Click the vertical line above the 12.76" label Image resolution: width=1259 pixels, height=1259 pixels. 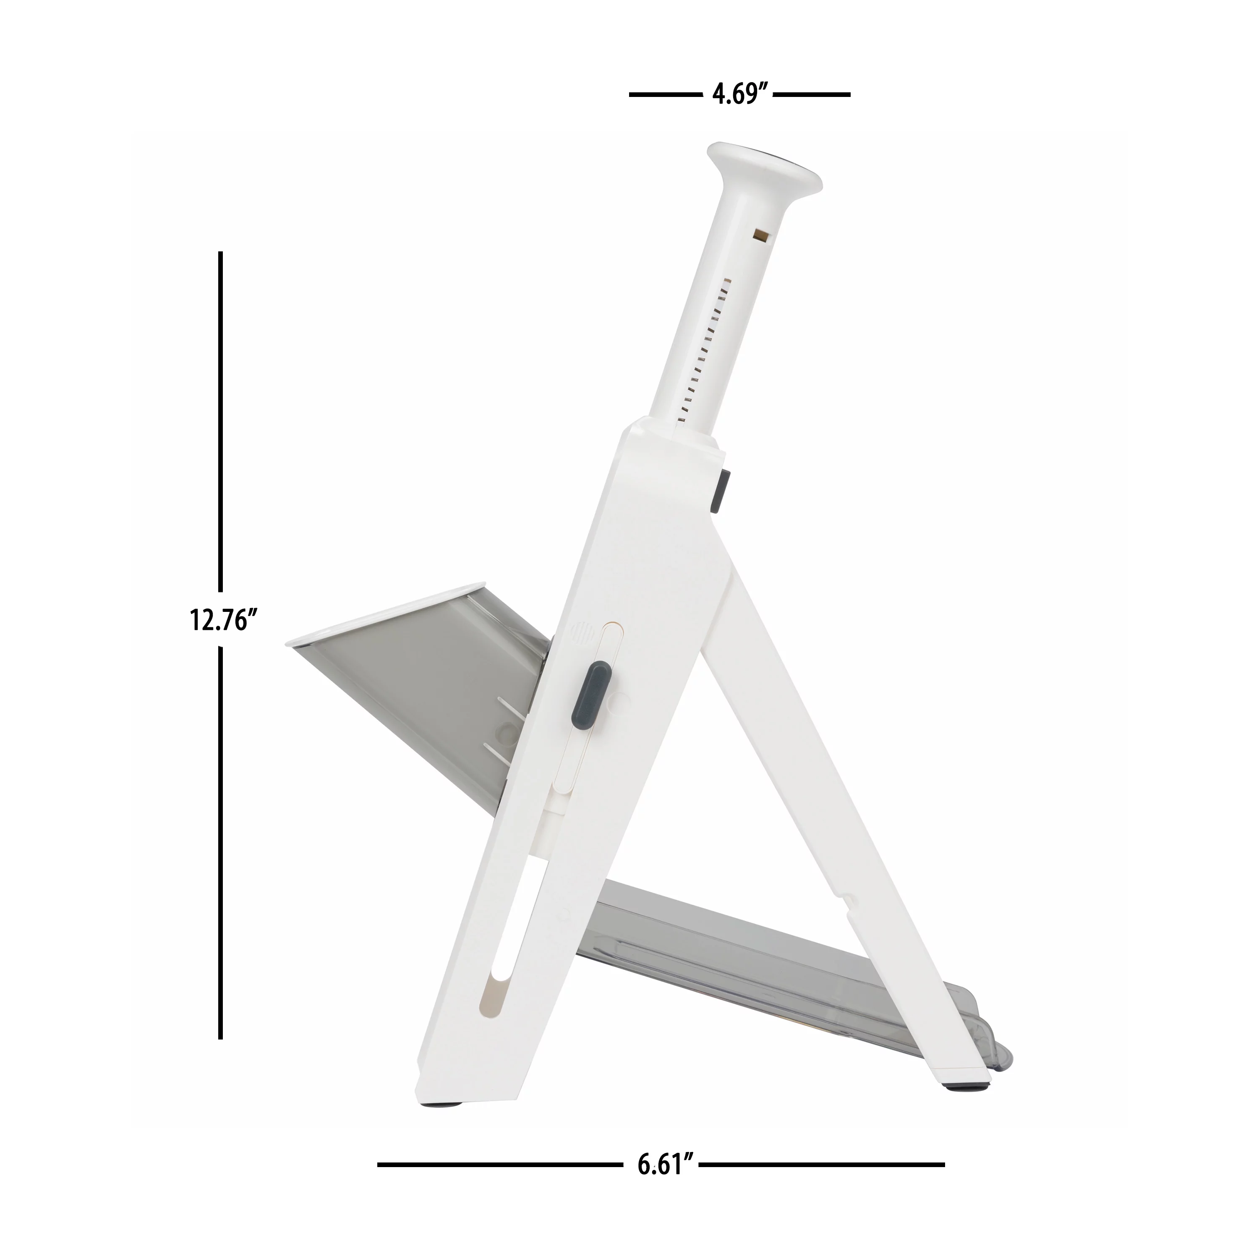pos(221,423)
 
